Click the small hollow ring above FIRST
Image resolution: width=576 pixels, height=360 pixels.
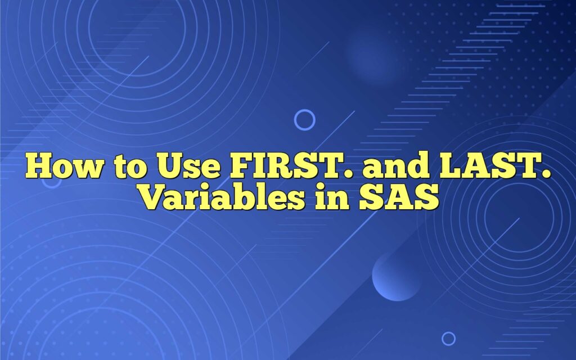[304, 120]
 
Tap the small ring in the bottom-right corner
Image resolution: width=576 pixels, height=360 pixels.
[448, 338]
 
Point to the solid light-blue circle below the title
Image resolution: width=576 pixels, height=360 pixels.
[397, 276]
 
